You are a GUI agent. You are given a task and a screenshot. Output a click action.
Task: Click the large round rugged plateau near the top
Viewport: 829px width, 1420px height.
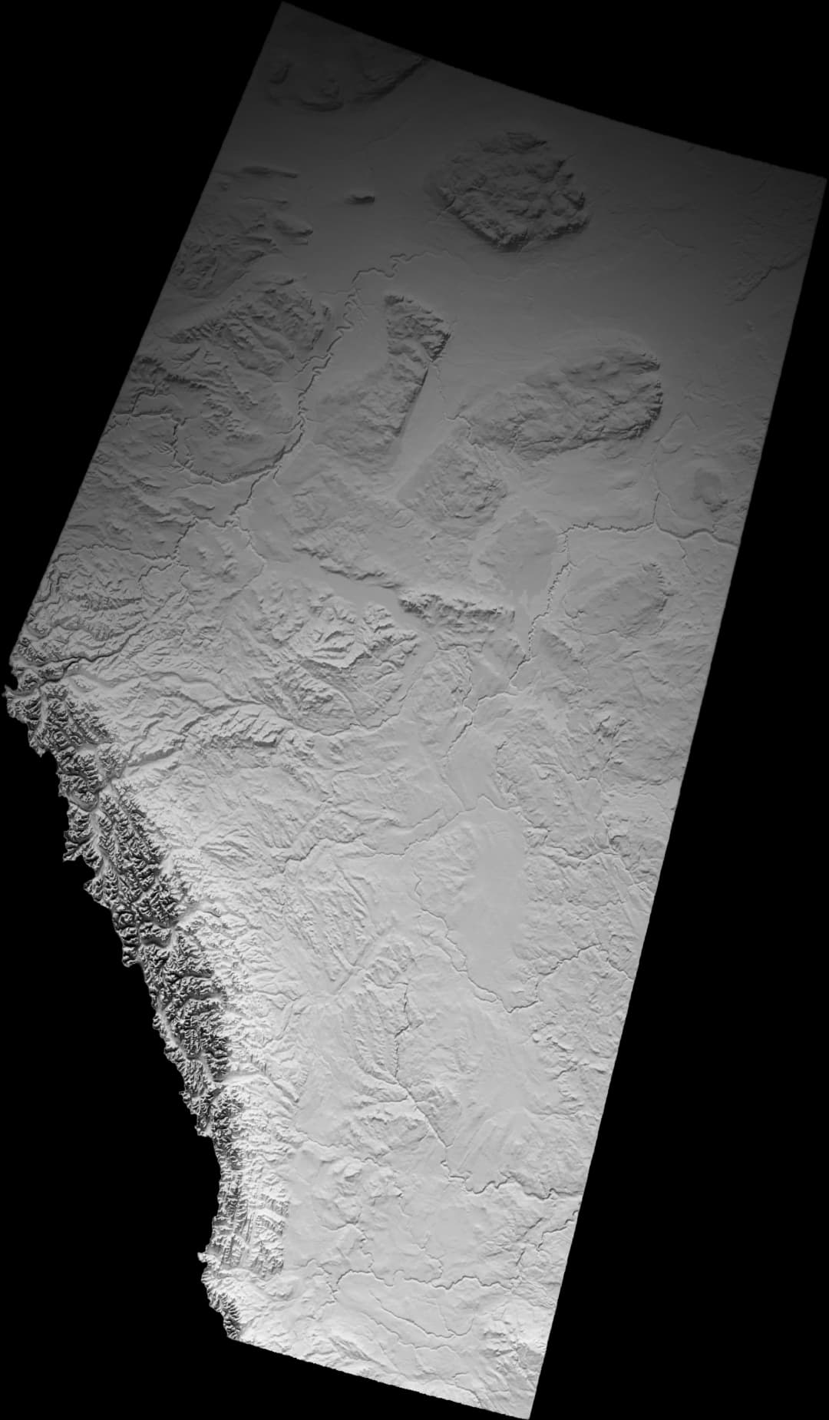click(x=513, y=192)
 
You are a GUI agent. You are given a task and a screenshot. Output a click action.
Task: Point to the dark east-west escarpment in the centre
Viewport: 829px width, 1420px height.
click(x=453, y=611)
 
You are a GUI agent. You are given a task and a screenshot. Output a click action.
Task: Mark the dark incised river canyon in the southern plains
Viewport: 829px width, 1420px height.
click(x=403, y=1006)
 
